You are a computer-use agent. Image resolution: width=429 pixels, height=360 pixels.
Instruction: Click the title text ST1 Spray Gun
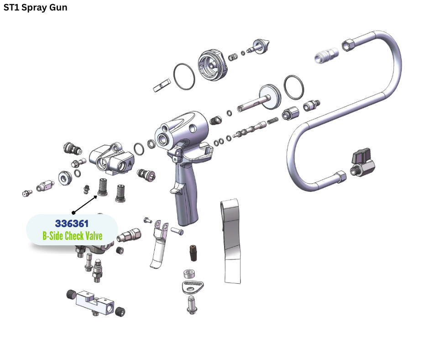pyautogui.click(x=35, y=8)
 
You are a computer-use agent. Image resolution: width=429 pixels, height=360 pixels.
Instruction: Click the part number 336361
pyautogui.click(x=72, y=223)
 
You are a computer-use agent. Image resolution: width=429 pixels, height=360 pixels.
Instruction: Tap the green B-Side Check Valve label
pyautogui.click(x=72, y=236)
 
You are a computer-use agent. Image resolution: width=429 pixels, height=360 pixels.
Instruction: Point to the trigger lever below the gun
pyautogui.click(x=159, y=244)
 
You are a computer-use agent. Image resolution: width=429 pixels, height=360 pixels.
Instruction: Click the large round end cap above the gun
pyautogui.click(x=213, y=65)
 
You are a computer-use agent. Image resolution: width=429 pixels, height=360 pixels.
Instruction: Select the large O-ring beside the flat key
pyautogui.click(x=184, y=76)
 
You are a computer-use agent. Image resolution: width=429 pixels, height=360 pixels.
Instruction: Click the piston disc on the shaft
pyautogui.click(x=270, y=97)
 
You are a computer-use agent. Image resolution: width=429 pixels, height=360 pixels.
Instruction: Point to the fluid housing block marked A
pyautogui.click(x=112, y=159)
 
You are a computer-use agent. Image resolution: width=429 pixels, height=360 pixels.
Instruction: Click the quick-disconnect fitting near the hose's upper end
pyautogui.click(x=326, y=55)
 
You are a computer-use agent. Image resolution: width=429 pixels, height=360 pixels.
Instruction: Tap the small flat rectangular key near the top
pyautogui.click(x=162, y=85)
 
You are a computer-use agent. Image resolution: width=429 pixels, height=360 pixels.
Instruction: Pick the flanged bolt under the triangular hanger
pyautogui.click(x=192, y=305)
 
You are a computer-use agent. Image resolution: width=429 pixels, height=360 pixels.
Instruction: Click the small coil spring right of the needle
pyautogui.click(x=272, y=121)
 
